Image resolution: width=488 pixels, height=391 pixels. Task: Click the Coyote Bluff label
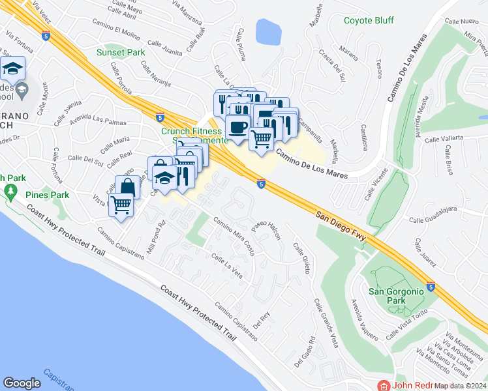(369, 20)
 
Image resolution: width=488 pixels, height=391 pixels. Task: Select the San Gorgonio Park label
(396, 296)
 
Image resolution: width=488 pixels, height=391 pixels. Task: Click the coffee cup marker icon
(237, 126)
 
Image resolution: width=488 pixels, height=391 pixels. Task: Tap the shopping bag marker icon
(128, 187)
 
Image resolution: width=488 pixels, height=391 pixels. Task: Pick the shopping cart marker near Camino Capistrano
(121, 205)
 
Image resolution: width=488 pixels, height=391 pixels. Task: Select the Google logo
(22, 383)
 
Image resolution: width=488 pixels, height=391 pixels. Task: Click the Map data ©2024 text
(460, 386)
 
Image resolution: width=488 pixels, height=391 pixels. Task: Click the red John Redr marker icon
(386, 386)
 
